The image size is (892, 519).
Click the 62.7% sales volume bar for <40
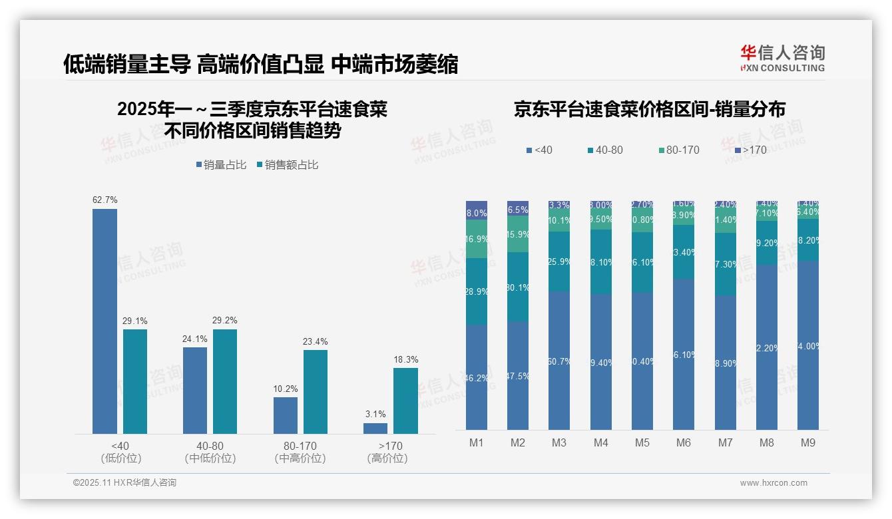105,321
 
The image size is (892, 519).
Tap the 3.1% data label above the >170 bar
375,414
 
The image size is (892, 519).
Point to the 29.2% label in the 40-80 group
225,320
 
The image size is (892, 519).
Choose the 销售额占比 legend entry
287,165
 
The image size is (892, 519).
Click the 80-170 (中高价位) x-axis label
300,452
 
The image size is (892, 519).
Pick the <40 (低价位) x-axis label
120,452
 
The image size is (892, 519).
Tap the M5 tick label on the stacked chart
642,442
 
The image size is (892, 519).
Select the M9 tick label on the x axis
807,442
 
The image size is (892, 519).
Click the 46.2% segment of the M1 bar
476,377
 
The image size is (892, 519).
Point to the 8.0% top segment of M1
476,210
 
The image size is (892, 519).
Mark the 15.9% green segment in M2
518,234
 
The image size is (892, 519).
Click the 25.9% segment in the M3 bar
559,261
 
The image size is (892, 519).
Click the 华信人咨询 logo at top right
782,58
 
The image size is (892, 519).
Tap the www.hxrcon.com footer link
774,483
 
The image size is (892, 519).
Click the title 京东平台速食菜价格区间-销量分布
649,110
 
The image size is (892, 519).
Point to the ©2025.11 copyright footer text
124,483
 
